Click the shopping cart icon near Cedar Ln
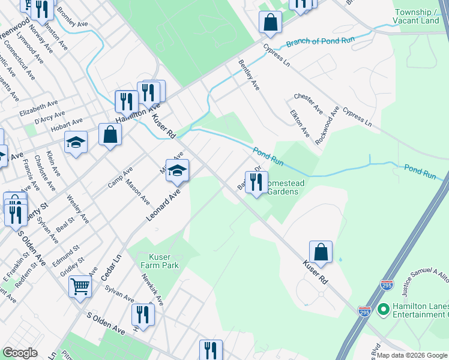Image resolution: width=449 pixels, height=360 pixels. (80, 286)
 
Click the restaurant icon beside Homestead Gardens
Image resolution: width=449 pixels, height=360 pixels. (256, 182)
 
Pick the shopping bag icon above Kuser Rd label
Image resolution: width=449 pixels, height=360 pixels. (321, 252)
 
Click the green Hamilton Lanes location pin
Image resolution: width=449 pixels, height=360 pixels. (383, 310)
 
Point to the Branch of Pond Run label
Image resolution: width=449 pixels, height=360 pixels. (320, 42)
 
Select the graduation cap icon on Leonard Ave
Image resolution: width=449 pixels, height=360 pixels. (178, 170)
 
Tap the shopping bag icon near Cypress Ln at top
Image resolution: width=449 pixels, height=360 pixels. (271, 23)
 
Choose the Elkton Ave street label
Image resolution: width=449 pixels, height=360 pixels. (299, 123)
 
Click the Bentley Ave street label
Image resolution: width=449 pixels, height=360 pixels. (249, 75)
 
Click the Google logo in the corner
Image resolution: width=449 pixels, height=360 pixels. (20, 353)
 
